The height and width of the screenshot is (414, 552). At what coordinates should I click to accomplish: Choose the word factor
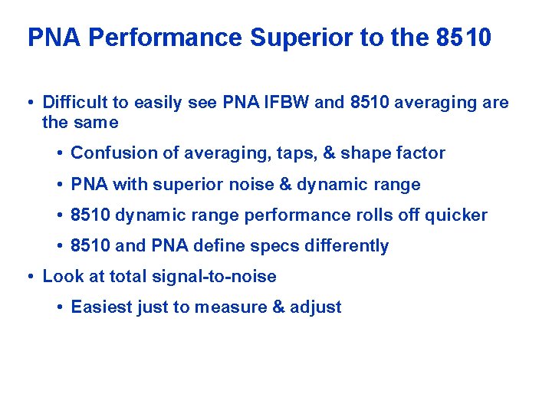(x=421, y=153)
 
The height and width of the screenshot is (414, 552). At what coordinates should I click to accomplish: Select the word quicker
(x=458, y=215)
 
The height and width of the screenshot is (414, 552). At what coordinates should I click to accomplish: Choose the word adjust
(x=316, y=308)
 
